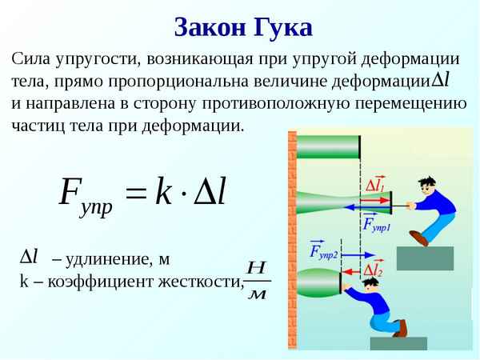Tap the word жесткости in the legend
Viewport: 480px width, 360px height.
tap(203, 281)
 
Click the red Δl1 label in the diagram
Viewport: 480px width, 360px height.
tap(374, 186)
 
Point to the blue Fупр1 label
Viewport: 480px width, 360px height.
tap(375, 223)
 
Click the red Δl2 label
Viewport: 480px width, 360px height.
tap(372, 271)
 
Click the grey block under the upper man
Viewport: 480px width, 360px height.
tap(425, 258)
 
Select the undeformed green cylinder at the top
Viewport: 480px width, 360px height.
tap(328, 148)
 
